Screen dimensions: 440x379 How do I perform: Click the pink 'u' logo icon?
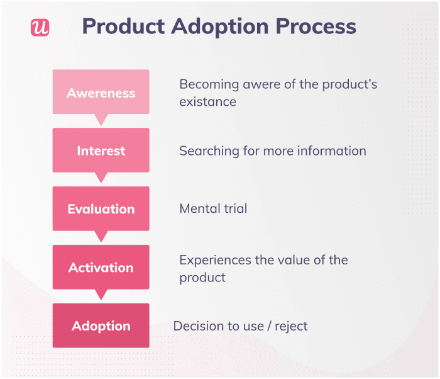[x=40, y=27]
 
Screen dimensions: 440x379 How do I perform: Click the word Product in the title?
[x=123, y=26]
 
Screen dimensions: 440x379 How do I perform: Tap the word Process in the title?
[x=316, y=26]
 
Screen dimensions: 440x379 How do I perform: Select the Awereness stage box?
[x=101, y=92]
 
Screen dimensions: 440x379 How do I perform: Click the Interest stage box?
[x=101, y=150]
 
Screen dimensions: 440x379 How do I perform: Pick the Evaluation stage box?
[x=101, y=208]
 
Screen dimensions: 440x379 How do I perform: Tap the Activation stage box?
[x=101, y=267]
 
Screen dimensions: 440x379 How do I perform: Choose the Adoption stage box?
[x=101, y=325]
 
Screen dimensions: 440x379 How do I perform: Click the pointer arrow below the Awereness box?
[x=101, y=120]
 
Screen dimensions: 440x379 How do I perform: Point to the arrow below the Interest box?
[x=101, y=178]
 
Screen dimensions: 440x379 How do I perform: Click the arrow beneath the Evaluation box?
[x=101, y=236]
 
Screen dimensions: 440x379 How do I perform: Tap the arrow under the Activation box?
[x=101, y=295]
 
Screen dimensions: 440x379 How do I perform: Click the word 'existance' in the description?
[x=207, y=102]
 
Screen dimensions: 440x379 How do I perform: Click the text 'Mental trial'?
[x=213, y=208]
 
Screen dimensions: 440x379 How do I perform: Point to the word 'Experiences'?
[x=215, y=261]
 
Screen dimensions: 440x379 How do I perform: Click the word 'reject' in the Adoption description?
[x=291, y=327]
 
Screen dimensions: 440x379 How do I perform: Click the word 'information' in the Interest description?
[x=332, y=151]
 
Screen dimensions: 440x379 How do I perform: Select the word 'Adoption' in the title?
[x=220, y=27]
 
